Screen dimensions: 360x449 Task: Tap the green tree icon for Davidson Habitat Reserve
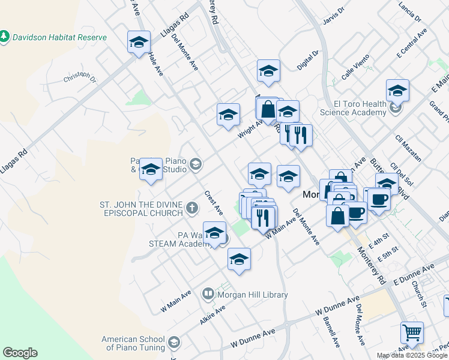click(5, 37)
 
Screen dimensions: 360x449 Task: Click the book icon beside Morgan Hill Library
click(208, 294)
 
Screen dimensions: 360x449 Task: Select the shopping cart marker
click(412, 332)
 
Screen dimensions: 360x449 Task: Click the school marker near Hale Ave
click(139, 43)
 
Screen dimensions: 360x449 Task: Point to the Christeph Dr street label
click(80, 77)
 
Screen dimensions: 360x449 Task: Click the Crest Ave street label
click(214, 203)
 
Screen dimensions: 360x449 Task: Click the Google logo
click(20, 353)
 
